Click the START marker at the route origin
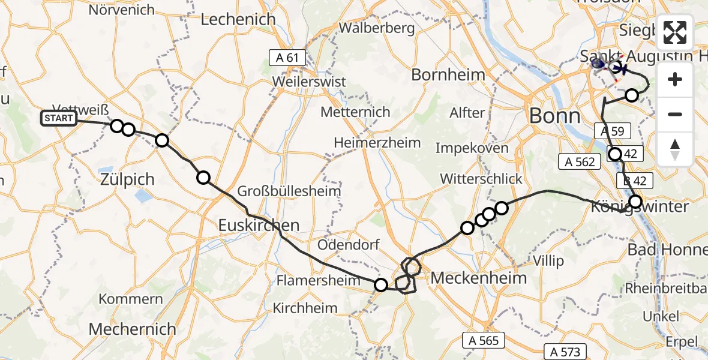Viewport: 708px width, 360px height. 59,118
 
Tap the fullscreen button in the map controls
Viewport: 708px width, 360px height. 675,32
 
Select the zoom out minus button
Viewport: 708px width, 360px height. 675,114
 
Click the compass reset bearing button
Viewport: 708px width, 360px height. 675,149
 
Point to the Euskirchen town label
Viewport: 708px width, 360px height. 259,225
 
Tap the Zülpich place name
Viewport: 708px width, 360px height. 127,179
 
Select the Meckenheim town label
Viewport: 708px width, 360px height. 479,278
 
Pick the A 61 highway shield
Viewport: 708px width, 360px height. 287,58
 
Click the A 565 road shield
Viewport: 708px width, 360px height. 484,340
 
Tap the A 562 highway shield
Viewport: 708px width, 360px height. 580,161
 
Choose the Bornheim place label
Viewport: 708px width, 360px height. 448,75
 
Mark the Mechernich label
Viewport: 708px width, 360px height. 133,329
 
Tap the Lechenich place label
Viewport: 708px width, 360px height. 238,19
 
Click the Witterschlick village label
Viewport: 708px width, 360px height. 481,179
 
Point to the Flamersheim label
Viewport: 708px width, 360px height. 314,280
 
